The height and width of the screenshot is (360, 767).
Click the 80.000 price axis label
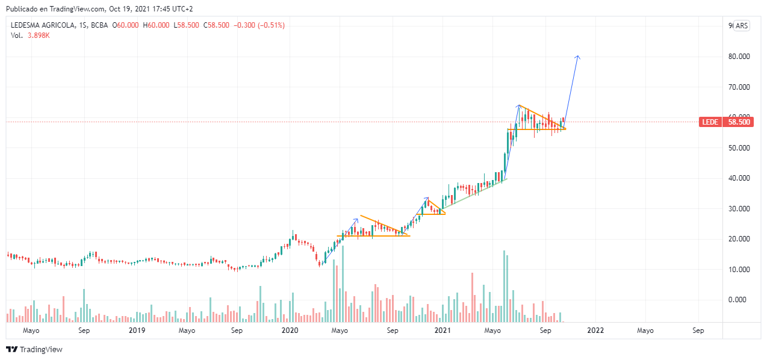pyautogui.click(x=739, y=57)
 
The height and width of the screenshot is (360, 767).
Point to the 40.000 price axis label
pyautogui.click(x=739, y=178)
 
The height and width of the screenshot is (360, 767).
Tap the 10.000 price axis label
pyautogui.click(x=739, y=269)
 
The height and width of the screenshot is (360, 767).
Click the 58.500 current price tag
pyautogui.click(x=739, y=122)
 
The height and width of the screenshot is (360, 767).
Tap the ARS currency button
pyautogui.click(x=741, y=26)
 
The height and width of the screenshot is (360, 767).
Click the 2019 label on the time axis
pyautogui.click(x=137, y=331)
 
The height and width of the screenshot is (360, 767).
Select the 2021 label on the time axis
pyautogui.click(x=442, y=331)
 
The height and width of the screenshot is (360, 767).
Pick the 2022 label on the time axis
pyautogui.click(x=595, y=331)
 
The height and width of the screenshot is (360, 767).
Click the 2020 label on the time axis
pyautogui.click(x=290, y=331)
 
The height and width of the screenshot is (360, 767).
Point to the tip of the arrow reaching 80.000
pyautogui.click(x=578, y=56)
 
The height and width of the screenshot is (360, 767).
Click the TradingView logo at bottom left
pyautogui.click(x=34, y=349)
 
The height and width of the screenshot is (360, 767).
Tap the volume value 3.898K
pyautogui.click(x=39, y=36)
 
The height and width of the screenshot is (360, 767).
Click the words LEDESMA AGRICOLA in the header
pyautogui.click(x=43, y=25)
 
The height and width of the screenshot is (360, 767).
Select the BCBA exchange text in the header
pyautogui.click(x=102, y=25)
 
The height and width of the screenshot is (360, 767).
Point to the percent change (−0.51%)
pyautogui.click(x=269, y=25)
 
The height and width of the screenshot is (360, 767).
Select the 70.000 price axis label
pyautogui.click(x=739, y=87)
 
